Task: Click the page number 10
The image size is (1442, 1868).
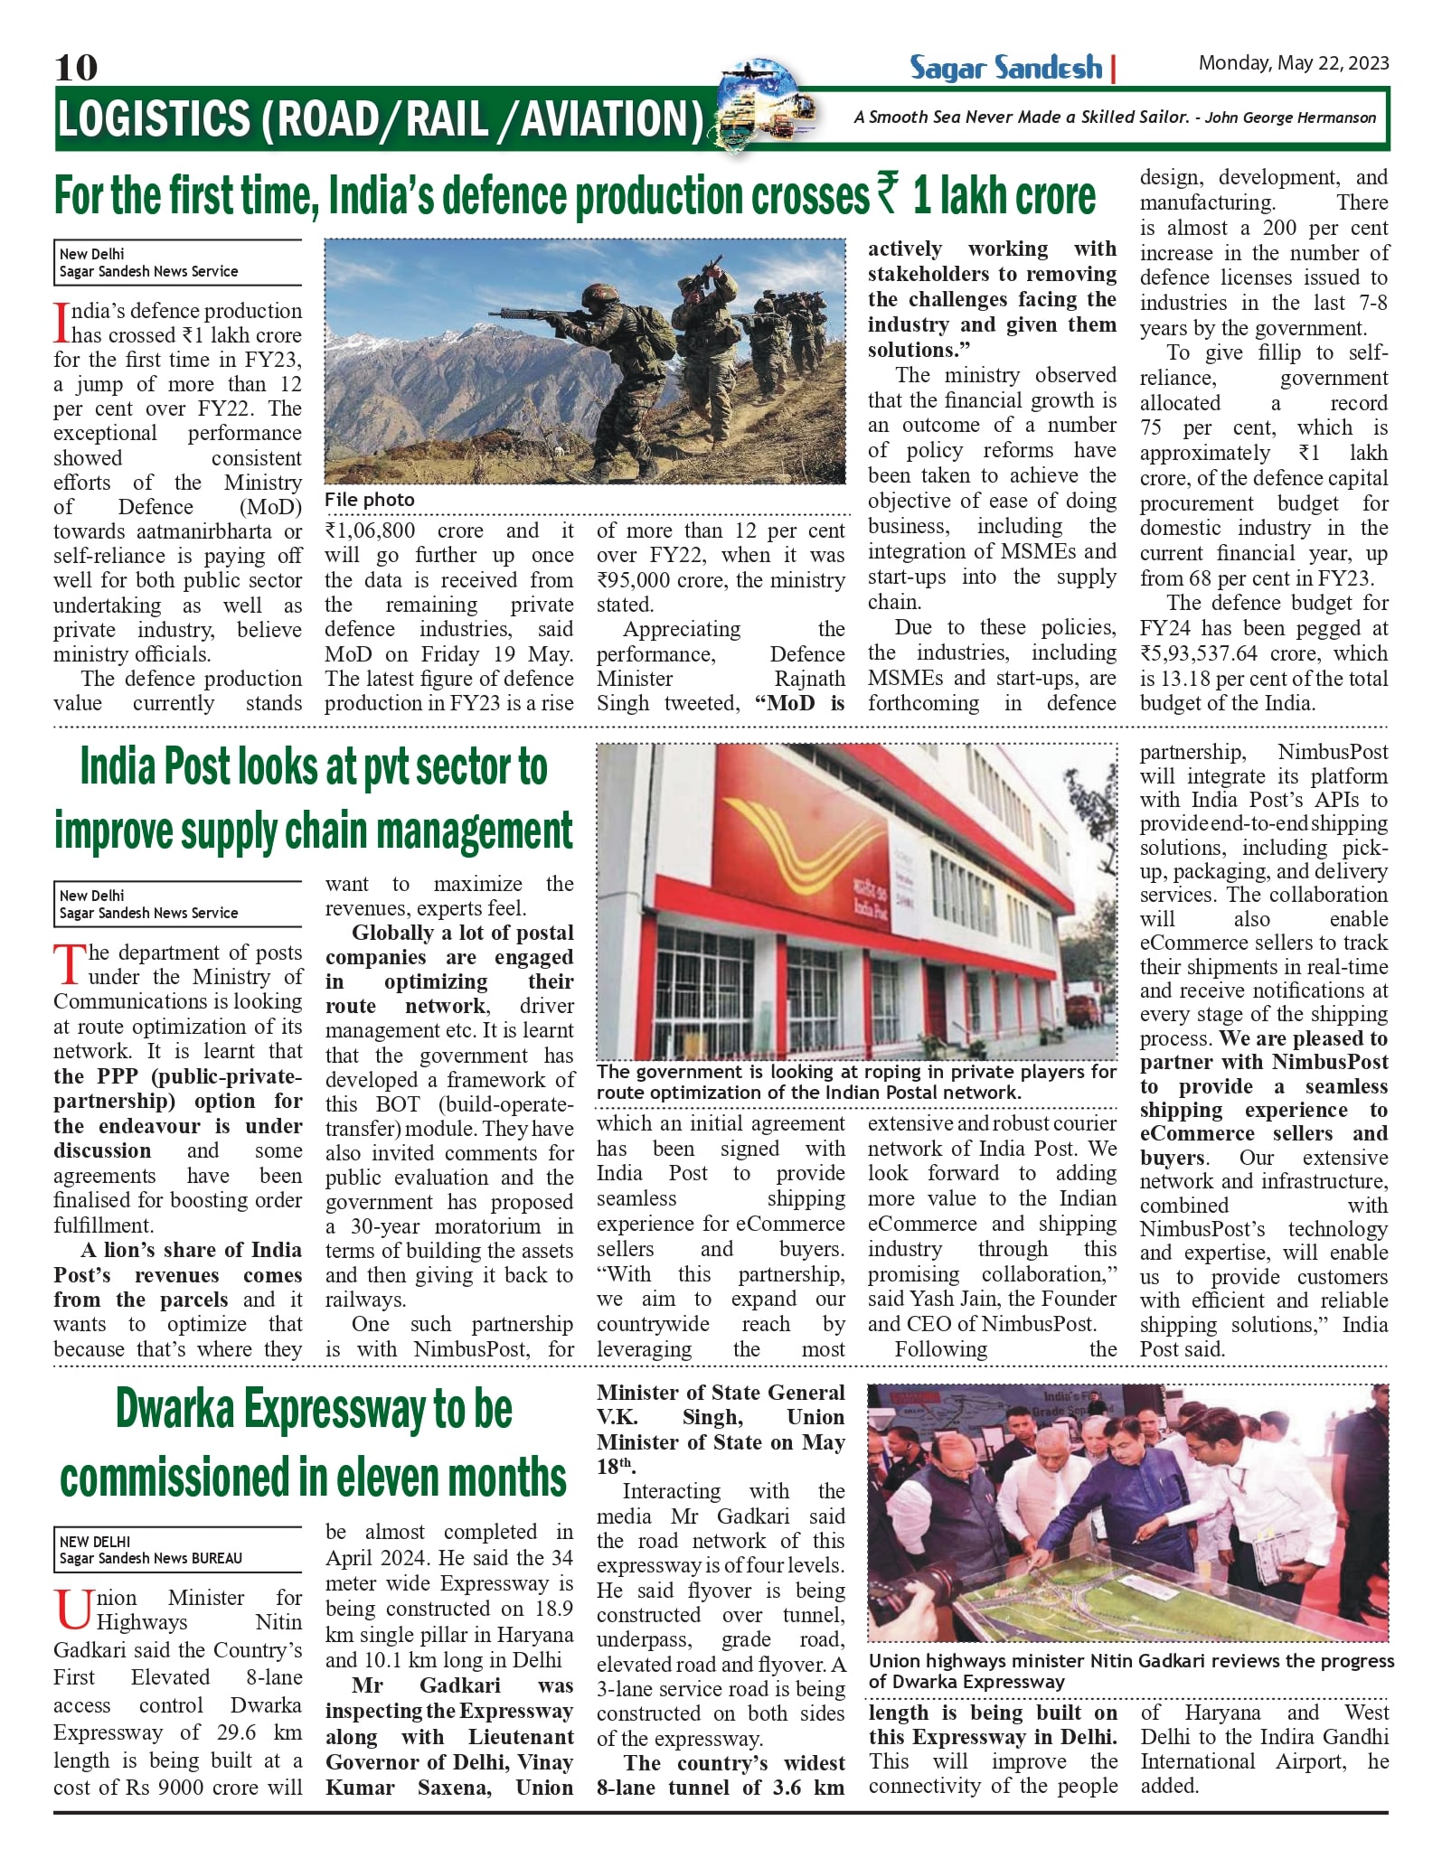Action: coord(76,67)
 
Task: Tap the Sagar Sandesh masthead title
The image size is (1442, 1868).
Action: coord(1005,68)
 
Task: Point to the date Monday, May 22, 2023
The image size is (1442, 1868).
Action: coord(1293,63)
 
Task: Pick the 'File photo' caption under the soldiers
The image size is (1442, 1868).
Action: coord(369,500)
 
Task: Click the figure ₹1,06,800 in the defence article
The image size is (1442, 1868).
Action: coord(371,530)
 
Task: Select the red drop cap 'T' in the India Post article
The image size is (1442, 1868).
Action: coord(69,964)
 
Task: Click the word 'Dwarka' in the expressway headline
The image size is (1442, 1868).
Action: coord(175,1410)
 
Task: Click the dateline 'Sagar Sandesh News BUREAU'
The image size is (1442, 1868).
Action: coord(151,1558)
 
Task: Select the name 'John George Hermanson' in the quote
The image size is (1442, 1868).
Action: coord(1290,117)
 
